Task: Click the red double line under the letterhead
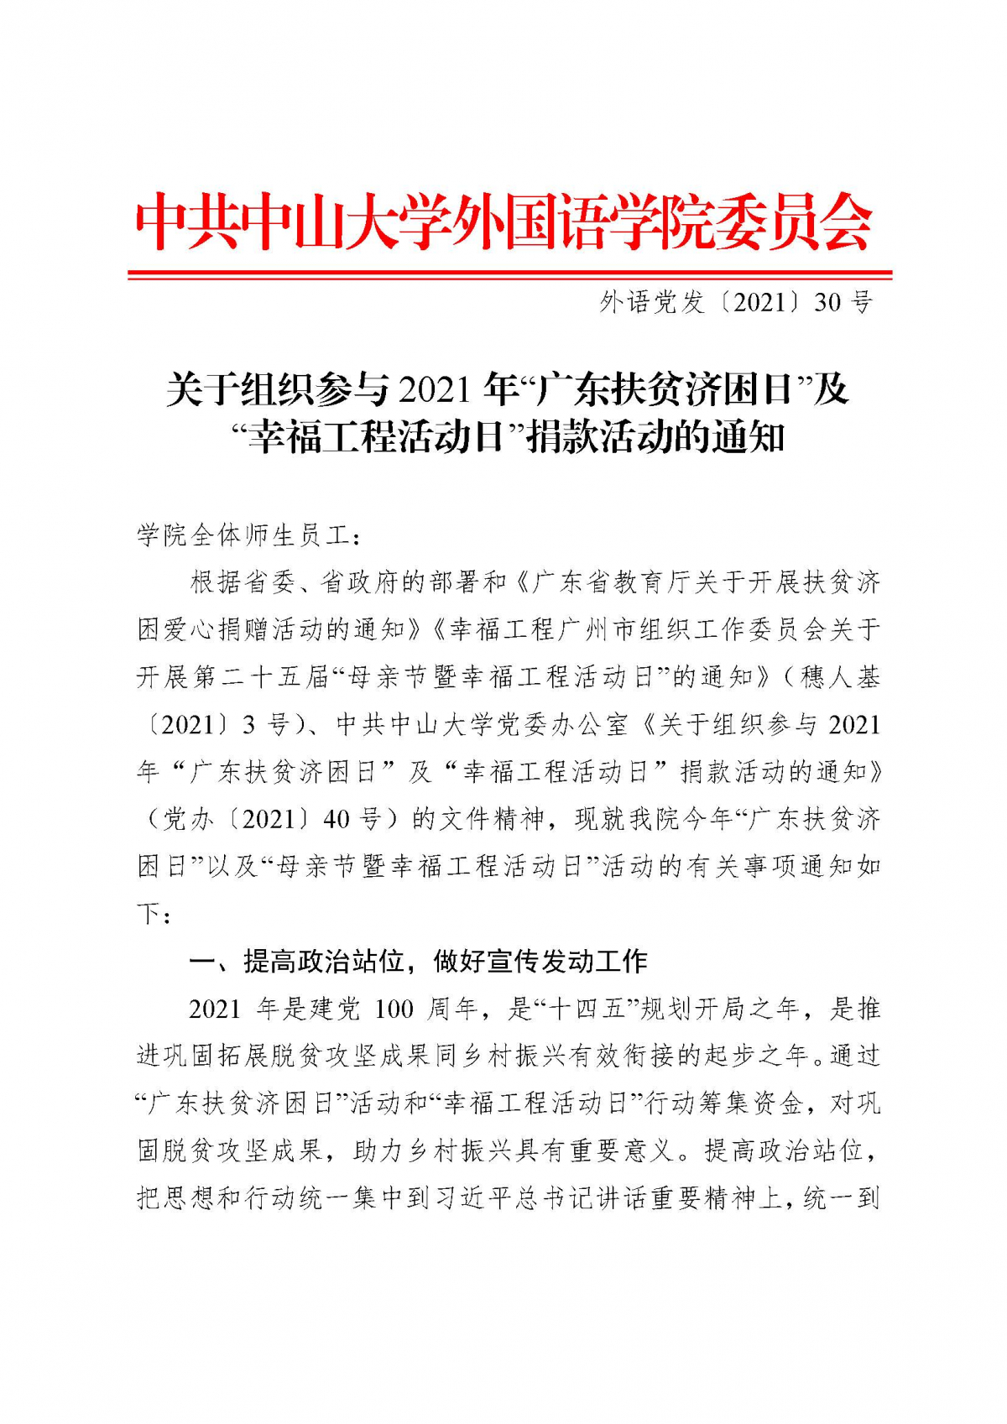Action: (509, 274)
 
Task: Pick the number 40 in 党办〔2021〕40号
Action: (336, 818)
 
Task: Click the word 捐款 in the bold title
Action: (561, 438)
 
